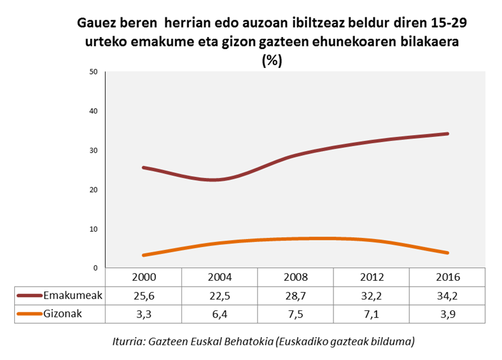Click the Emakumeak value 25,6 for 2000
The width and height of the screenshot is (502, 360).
coord(145,295)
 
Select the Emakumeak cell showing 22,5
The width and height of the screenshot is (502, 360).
coord(220,295)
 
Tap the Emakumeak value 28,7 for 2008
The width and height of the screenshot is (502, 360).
coord(296,295)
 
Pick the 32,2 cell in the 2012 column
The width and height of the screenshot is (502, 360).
coord(372,295)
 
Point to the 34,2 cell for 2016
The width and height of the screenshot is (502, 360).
coord(448,295)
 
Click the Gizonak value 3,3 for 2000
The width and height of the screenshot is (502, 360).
coord(145,313)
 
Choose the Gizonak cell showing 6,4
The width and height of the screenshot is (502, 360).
coord(220,313)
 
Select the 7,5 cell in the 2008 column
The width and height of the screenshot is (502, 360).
coord(296,313)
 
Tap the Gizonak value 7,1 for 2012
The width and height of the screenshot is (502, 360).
coord(372,313)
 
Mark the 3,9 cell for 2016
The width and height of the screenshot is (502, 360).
coord(448,313)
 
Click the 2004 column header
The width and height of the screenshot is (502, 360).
coord(220,277)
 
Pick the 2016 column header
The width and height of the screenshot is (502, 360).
coord(448,277)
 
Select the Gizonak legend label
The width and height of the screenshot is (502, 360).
coord(62,313)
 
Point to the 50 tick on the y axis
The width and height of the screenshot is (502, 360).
coord(93,72)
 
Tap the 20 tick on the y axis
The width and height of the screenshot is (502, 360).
coord(93,190)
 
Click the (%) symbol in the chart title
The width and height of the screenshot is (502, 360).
coord(271,60)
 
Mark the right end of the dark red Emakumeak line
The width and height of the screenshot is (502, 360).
coord(447,134)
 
